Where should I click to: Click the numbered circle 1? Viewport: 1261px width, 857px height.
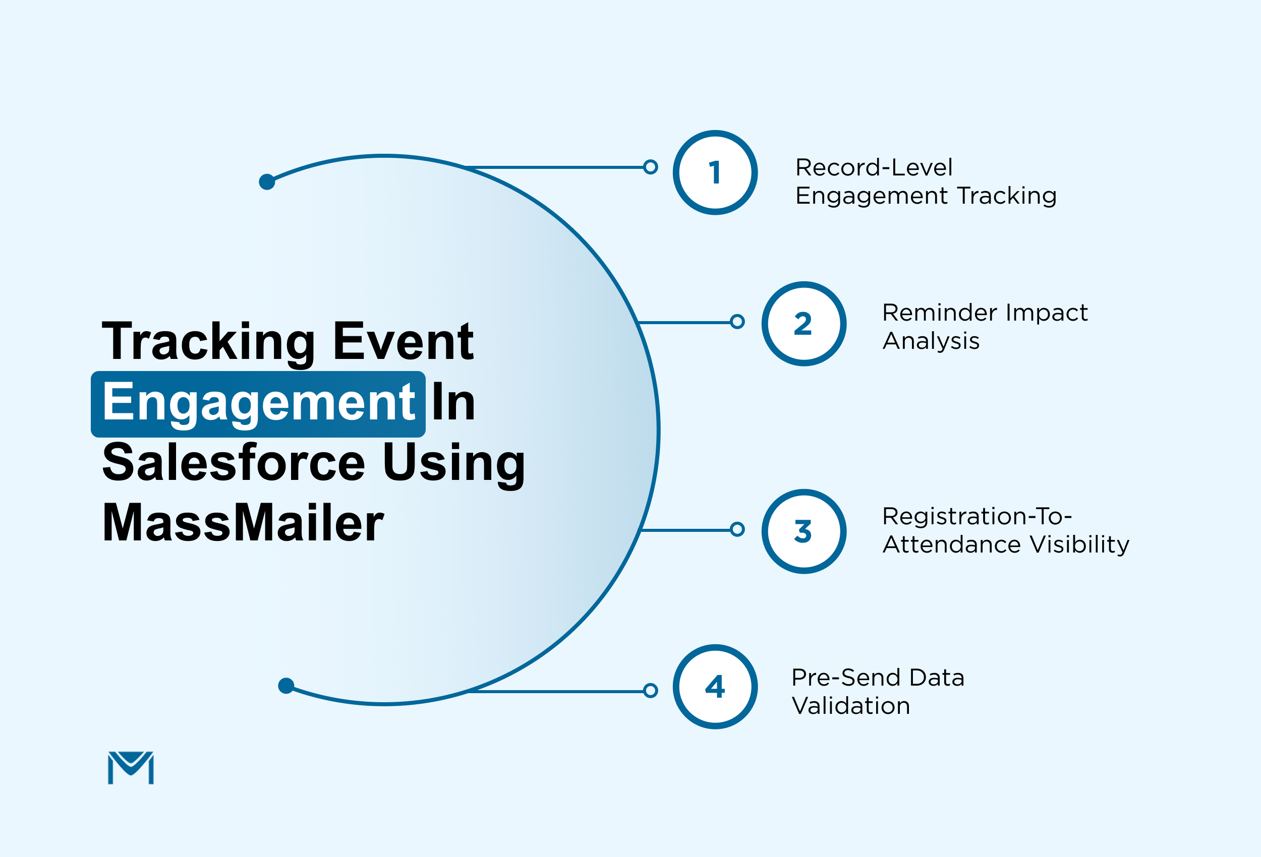[715, 172]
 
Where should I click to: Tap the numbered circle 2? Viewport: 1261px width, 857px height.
[804, 324]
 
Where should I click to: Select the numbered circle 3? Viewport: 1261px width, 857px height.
[804, 531]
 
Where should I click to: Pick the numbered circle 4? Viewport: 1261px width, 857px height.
[715, 687]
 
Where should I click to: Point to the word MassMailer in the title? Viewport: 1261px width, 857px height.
[243, 523]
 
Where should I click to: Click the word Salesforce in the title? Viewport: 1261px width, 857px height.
[234, 462]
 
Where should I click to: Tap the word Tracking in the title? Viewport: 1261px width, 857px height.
[208, 342]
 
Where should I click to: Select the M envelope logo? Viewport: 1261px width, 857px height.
[131, 767]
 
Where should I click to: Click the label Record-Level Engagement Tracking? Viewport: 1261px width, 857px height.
[926, 181]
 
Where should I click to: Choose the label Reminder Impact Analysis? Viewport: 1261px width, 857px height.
[984, 327]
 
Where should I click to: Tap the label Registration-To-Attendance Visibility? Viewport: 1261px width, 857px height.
[1005, 530]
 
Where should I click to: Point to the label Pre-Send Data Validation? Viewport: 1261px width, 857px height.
[877, 692]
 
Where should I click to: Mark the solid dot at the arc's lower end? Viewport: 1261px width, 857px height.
[286, 686]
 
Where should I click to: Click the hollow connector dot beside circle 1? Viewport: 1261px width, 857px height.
[650, 167]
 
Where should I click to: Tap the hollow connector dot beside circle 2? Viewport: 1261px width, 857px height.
[737, 322]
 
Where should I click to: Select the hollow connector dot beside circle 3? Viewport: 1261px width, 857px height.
[737, 529]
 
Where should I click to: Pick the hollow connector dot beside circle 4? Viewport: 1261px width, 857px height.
[650, 691]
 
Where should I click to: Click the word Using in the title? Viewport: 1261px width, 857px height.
[453, 462]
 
